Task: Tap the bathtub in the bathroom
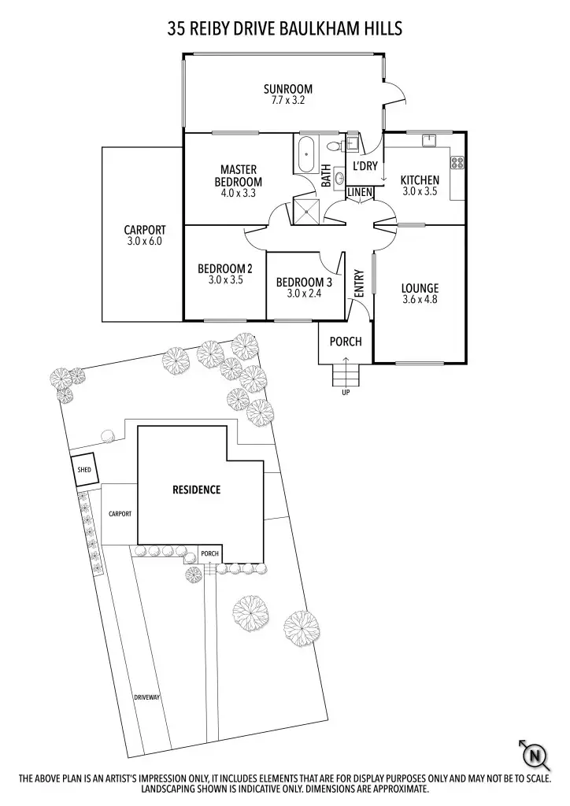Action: coord(305,155)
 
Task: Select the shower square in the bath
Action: coord(304,209)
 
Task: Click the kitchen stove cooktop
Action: coord(456,164)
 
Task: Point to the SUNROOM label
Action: coord(288,89)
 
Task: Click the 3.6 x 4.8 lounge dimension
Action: coord(420,299)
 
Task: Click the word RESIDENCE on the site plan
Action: coord(196,490)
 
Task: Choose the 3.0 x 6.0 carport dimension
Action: coord(144,242)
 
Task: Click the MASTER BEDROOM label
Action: coord(239,176)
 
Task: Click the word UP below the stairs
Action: coord(346,392)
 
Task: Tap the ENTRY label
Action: coord(359,283)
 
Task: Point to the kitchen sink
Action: coord(430,142)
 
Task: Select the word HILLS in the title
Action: coord(377,29)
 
